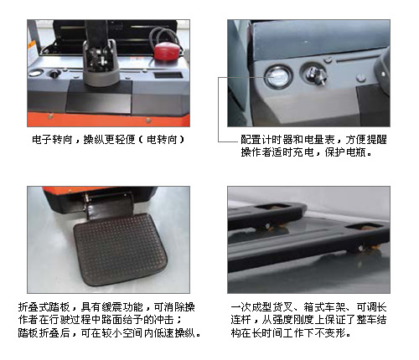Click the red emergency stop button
(167, 51)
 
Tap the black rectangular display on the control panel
(168, 75)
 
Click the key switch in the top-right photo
(316, 75)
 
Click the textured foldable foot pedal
(120, 249)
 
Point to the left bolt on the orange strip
(50, 116)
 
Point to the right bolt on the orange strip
(148, 121)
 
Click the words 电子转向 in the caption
(53, 140)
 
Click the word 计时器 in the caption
(277, 140)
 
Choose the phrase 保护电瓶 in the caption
(345, 152)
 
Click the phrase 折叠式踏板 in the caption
(44, 307)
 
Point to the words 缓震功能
(122, 307)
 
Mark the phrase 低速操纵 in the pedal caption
(174, 332)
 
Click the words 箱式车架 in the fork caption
(325, 307)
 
